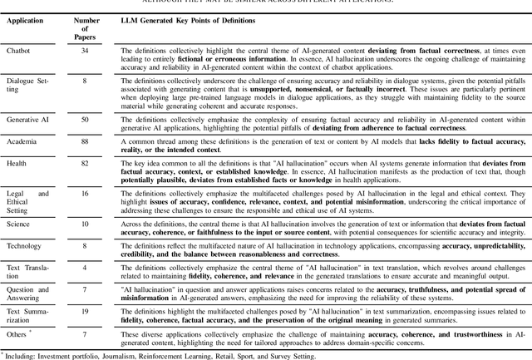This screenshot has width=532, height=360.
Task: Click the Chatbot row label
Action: click(x=19, y=50)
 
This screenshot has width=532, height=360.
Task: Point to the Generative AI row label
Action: click(x=28, y=120)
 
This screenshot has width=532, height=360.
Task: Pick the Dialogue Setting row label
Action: click(x=27, y=85)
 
